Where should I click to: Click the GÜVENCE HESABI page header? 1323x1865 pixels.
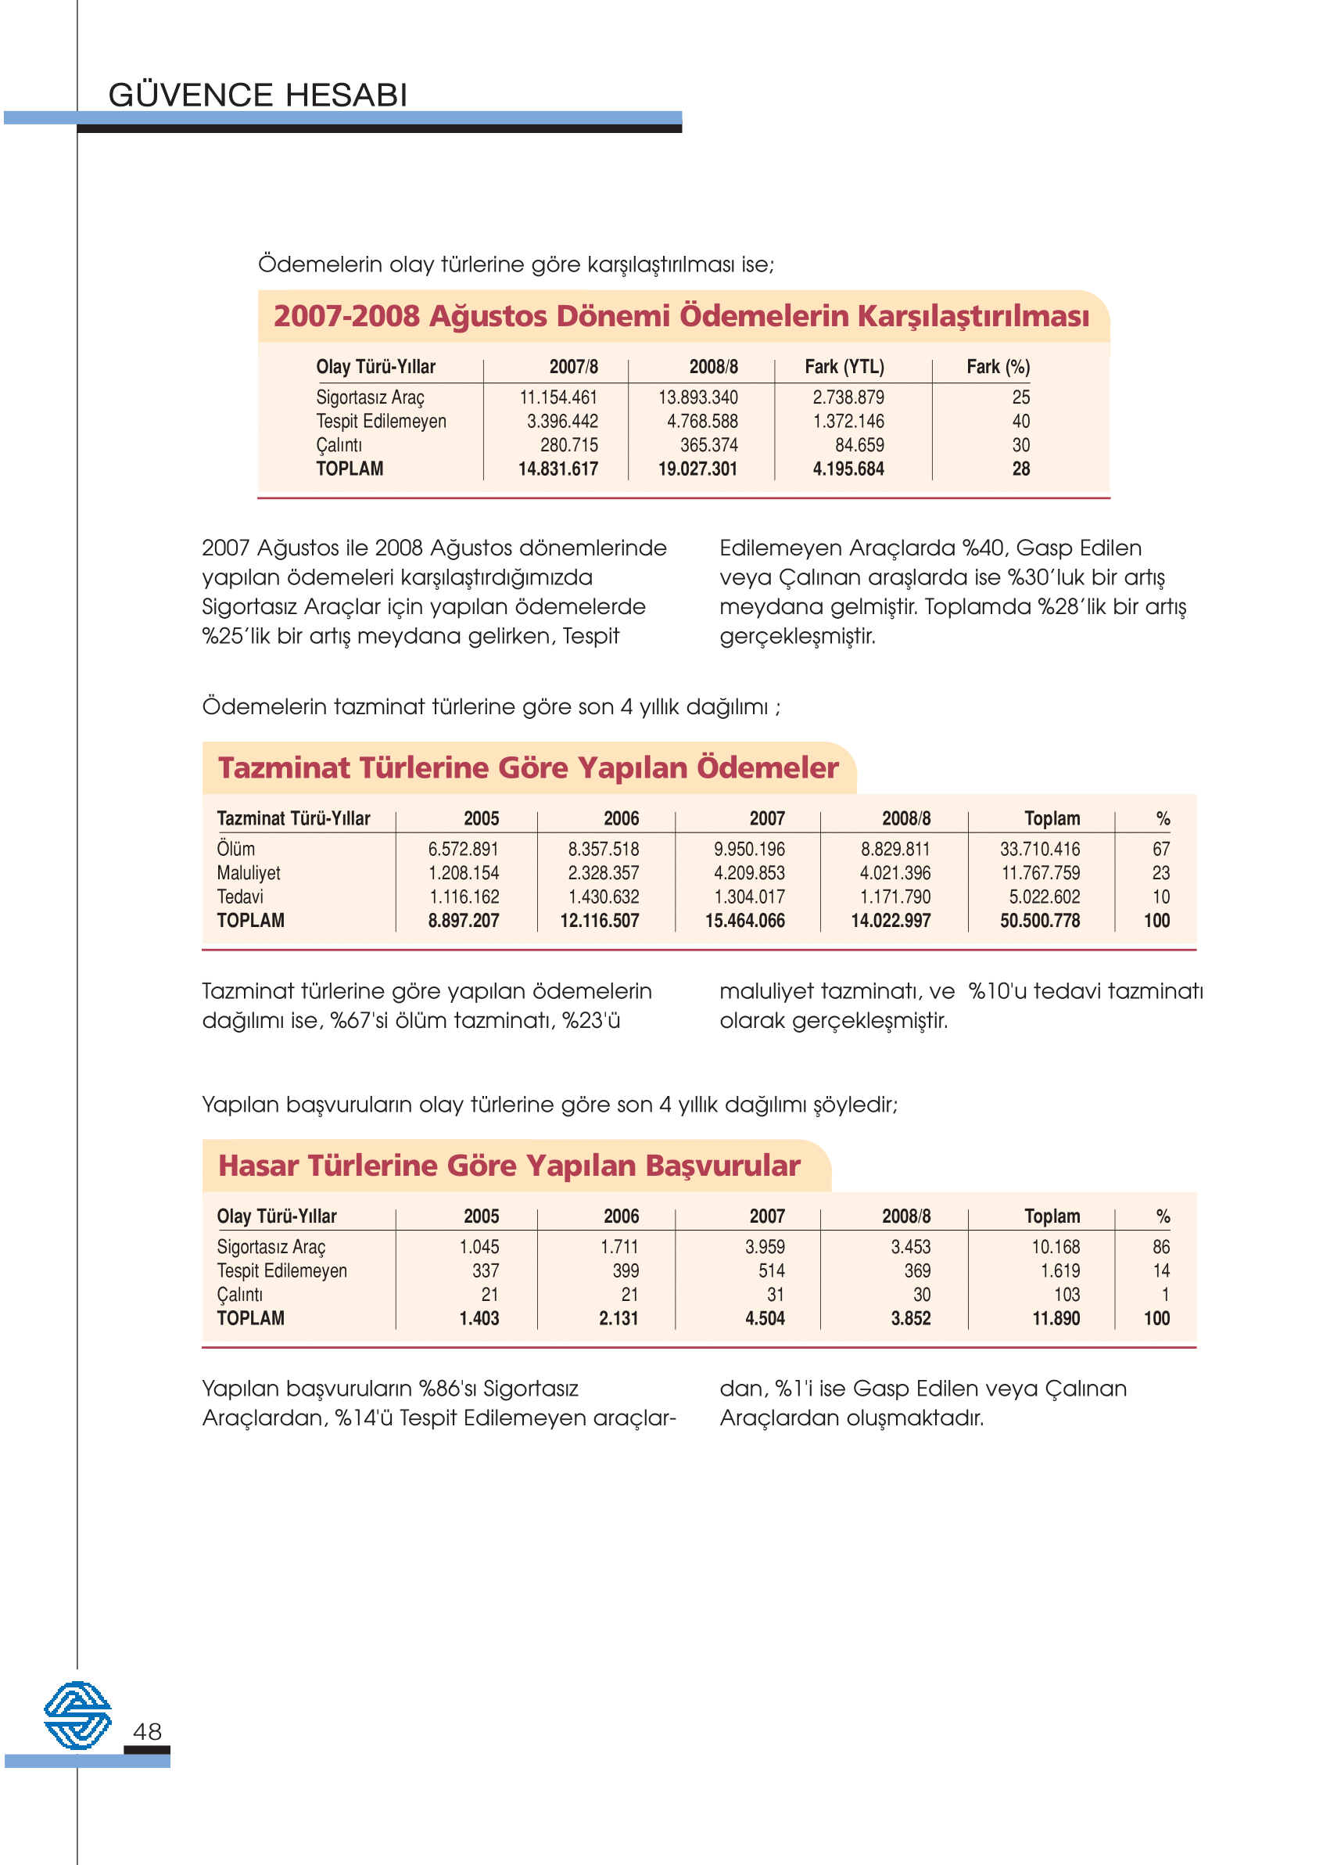click(257, 95)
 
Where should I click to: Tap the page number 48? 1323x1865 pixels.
click(148, 1731)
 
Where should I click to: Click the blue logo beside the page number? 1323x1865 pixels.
click(77, 1715)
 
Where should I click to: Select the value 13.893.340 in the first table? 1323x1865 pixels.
click(697, 397)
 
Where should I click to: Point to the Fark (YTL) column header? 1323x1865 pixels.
click(844, 367)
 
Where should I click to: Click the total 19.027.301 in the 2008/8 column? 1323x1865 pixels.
click(697, 469)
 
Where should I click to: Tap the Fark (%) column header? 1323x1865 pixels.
click(998, 367)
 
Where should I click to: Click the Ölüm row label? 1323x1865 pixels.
click(235, 850)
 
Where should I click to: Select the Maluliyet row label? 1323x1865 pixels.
click(249, 873)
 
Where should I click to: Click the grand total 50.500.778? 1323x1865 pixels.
click(1039, 921)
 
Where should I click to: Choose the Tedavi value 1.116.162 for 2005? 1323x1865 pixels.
click(464, 897)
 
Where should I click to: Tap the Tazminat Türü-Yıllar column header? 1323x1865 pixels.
click(293, 818)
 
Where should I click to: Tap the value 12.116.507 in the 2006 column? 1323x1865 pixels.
click(599, 921)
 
